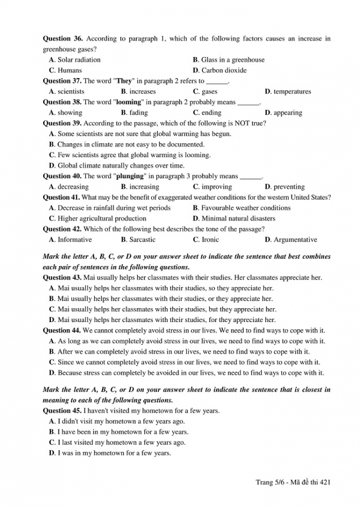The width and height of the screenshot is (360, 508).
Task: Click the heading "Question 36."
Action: (63, 39)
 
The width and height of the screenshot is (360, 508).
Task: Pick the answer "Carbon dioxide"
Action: (224, 70)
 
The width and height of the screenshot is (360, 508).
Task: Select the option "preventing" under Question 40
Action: (292, 187)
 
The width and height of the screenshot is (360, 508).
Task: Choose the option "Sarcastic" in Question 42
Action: (142, 240)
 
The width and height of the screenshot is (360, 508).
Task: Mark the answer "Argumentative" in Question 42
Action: (295, 240)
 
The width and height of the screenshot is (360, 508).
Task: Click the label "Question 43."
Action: (63, 278)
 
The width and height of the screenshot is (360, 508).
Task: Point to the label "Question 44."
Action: (63, 330)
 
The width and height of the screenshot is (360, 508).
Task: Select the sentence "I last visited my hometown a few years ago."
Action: (121, 443)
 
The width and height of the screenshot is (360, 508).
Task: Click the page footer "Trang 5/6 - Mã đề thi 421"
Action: (293, 483)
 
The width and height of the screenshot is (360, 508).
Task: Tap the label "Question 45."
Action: (63, 411)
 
